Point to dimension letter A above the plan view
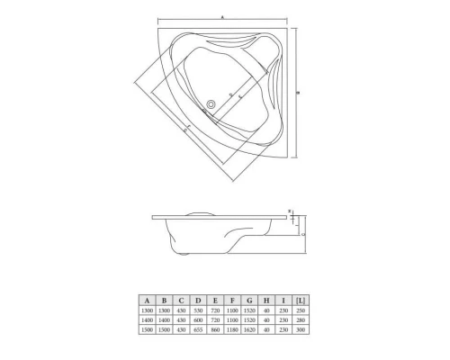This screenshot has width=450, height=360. tap(223, 15)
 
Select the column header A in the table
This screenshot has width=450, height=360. tap(145, 299)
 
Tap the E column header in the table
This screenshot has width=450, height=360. tap(213, 299)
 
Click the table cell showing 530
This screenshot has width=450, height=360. tap(196, 310)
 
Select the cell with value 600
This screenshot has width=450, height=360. tap(196, 319)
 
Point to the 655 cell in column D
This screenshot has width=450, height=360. tap(196, 329)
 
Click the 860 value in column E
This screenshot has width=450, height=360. tap(213, 329)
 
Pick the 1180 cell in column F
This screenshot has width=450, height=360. tap(230, 329)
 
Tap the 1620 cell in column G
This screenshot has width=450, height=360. tap(247, 329)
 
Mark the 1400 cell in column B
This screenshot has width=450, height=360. tap(163, 319)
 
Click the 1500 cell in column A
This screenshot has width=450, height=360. tap(145, 329)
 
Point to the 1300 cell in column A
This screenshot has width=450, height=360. tap(145, 310)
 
